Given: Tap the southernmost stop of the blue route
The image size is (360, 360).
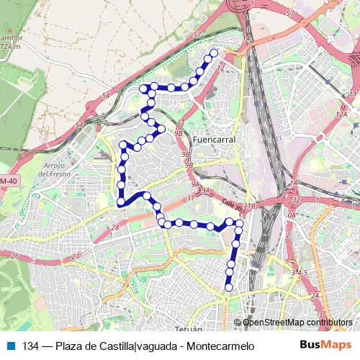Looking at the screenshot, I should click(229, 288).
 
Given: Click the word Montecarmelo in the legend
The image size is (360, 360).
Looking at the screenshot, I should click(220, 346).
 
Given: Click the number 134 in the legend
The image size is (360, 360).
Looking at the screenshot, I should click(30, 346).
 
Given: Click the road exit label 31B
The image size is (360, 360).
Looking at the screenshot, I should click(249, 207).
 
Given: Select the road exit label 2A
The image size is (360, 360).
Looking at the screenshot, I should click(314, 295).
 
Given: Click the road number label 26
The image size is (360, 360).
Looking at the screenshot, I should click(14, 256).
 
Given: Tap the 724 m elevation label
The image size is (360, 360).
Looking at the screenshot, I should click(10, 47).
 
